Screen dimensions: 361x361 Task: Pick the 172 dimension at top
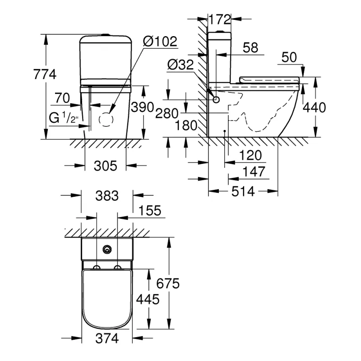click(220, 19)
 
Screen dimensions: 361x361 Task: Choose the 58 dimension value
click(250, 47)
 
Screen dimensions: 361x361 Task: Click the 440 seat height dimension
click(315, 107)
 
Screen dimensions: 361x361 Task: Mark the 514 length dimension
click(243, 191)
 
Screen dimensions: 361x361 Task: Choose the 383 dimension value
click(107, 196)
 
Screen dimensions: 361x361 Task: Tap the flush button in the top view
click(107, 249)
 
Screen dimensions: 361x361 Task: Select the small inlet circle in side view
click(217, 99)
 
